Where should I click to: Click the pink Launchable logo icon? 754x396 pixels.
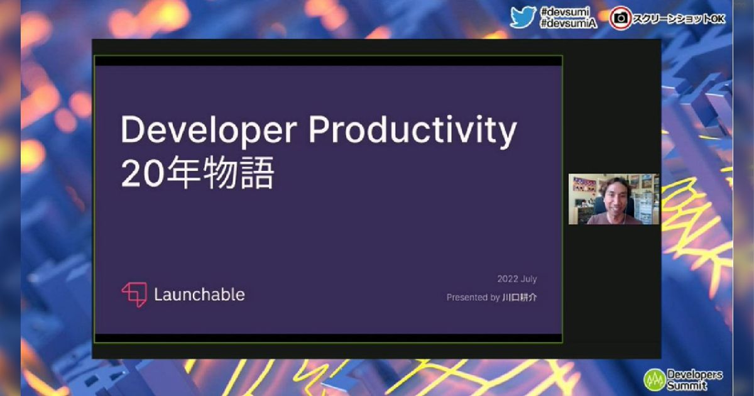click(x=134, y=294)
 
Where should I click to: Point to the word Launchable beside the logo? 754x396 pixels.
click(x=199, y=294)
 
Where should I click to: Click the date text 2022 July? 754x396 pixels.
click(x=517, y=279)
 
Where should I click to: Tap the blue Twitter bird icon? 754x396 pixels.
click(x=523, y=17)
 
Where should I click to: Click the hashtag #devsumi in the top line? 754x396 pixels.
click(x=565, y=12)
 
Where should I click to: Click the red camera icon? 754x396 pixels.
click(x=620, y=19)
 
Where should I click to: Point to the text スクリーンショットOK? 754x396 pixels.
click(x=679, y=19)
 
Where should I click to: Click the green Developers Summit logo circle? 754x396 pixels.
click(x=655, y=379)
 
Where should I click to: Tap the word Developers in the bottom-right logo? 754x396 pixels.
click(x=694, y=375)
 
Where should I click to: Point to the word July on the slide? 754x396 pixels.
click(x=529, y=279)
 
